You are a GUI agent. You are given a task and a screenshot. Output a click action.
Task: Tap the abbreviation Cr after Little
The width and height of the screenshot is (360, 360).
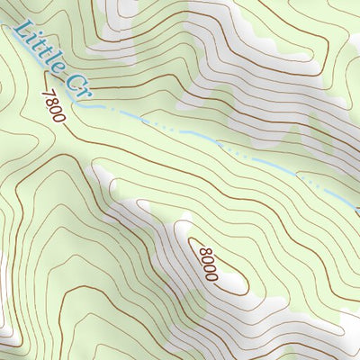77,84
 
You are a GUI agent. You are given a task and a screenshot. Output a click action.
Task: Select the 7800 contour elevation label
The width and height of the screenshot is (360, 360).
54,106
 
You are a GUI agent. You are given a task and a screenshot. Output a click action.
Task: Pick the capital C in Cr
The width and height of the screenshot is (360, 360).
74,80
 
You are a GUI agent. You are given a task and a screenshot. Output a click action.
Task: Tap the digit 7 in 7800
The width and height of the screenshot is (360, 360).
45,93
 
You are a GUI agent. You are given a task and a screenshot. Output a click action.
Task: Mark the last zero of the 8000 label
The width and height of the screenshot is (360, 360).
211,274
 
